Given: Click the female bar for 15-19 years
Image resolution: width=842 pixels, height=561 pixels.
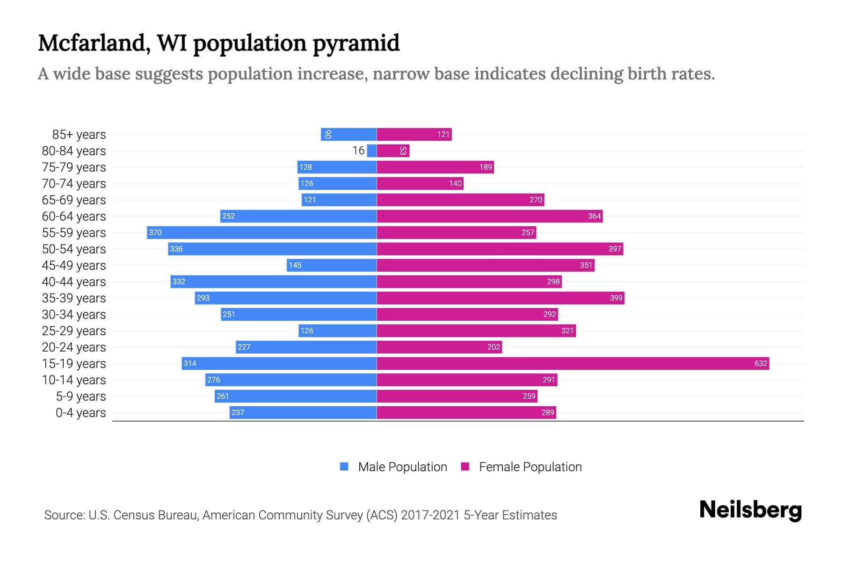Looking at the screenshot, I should [573, 363].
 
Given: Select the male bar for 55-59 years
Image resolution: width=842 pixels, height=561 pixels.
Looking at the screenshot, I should [262, 232].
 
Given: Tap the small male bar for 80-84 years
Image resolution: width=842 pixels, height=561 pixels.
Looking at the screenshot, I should [372, 151].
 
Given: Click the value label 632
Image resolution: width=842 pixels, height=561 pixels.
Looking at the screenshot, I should [761, 363].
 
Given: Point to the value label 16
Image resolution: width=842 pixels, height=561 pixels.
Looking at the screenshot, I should [358, 151].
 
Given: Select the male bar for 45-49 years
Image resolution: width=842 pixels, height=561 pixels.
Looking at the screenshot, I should [332, 265].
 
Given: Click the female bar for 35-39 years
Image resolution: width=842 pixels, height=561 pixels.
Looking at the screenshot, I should [501, 298].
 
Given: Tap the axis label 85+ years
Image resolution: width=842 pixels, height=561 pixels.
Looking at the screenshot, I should [79, 135].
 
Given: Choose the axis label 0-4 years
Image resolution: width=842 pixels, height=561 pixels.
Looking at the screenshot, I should [80, 413].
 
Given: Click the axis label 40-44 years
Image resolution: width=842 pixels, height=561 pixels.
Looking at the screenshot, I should [74, 282].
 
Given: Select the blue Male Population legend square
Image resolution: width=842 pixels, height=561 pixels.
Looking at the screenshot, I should [344, 467].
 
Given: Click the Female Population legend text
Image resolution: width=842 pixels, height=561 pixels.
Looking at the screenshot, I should [530, 467].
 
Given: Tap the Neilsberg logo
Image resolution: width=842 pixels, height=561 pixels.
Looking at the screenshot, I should [750, 510].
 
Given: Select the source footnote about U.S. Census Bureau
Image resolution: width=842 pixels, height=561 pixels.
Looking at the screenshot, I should [300, 515].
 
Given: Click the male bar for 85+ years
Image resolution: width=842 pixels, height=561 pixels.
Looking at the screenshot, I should [348, 134].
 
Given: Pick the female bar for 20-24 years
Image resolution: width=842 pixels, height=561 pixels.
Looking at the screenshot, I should [439, 347].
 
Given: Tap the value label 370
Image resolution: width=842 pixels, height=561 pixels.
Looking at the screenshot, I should [155, 232].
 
